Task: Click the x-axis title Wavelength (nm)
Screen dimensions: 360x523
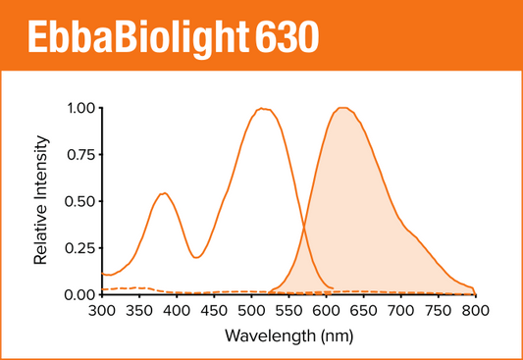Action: (287, 334)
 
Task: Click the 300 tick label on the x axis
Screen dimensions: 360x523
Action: (101, 311)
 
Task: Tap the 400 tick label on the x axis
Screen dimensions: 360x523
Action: (176, 311)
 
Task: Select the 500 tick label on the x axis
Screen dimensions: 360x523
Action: (250, 311)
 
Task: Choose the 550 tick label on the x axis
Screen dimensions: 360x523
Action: (288, 311)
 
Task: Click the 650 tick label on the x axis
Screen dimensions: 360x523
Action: (362, 311)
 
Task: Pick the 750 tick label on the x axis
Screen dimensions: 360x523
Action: (437, 311)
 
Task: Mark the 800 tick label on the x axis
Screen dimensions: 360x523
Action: (474, 311)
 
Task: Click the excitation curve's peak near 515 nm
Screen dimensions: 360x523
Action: (262, 109)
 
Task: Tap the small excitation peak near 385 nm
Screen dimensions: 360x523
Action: (164, 193)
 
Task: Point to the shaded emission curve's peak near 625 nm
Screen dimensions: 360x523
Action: (342, 108)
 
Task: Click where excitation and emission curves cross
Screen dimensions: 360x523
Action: (303, 228)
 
